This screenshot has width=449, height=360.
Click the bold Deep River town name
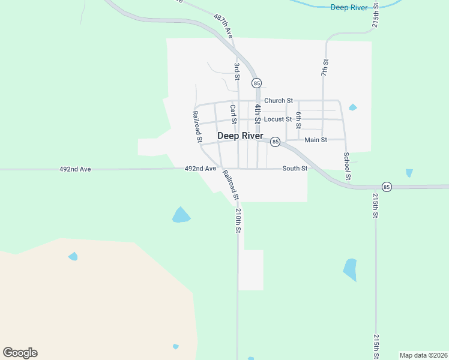click(240, 136)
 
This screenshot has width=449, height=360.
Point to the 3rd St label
click(237, 71)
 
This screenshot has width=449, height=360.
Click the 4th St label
click(257, 113)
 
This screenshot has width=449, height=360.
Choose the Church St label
click(278, 101)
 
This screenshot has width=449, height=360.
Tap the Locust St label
click(278, 119)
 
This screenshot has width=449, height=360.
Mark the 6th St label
click(298, 120)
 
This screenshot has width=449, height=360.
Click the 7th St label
click(325, 67)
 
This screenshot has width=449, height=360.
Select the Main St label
click(316, 140)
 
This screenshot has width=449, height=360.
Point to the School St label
click(347, 166)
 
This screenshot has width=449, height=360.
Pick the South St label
click(295, 169)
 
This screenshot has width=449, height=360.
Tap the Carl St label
click(233, 114)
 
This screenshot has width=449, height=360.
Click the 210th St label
click(238, 220)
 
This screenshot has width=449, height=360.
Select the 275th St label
click(375, 16)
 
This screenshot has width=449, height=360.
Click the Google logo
click(20, 353)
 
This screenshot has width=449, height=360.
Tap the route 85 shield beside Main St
click(275, 142)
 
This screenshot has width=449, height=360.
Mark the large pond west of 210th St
click(181, 214)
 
